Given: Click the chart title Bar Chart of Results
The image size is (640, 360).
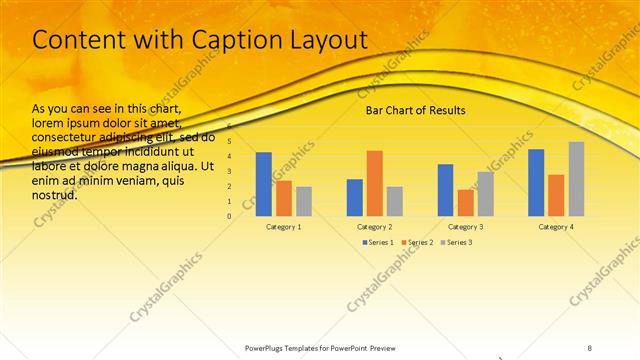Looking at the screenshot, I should pos(415,110).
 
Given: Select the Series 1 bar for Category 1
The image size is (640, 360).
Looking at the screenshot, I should pos(264,184).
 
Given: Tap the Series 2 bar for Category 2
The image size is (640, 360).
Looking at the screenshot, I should pos(375,183).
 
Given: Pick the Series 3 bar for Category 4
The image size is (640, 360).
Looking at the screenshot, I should pos(576,179).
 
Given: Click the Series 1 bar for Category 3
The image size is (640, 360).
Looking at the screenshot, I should pos(445,190).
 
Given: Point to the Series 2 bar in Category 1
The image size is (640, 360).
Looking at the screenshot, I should pos(284,198).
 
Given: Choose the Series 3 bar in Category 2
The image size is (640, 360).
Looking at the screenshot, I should pos(395,201).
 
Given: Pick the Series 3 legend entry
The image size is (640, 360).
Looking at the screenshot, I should pos(457,242).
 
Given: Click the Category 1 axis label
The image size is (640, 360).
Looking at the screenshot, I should pos(284,227).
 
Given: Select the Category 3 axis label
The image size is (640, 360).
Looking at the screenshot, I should pos(466,227).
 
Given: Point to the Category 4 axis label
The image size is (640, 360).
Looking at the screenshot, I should pos(556,227).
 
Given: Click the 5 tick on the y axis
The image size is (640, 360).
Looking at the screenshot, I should pos(229,142).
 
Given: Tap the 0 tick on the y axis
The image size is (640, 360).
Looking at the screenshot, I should pos(229,216).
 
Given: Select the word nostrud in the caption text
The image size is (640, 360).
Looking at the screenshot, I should pos(55,195).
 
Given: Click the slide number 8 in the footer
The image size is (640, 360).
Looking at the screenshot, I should pos(590,348).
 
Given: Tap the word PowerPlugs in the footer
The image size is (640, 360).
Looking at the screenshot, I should pos(268,348).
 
